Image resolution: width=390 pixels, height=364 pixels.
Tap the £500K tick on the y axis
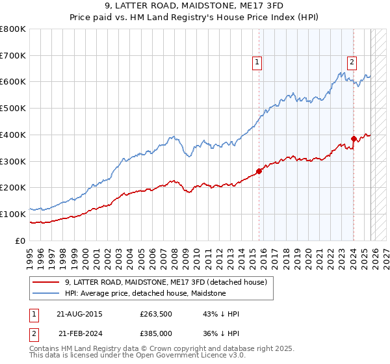pyautogui.click(x=13, y=109)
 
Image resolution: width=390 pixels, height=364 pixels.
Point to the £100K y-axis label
pyautogui.click(x=13, y=214)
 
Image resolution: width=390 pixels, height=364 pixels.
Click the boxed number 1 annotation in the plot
pyautogui.click(x=257, y=62)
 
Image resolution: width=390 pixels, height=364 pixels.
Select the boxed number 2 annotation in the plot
pyautogui.click(x=352, y=62)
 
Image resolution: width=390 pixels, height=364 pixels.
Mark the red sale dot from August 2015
pyautogui.click(x=259, y=171)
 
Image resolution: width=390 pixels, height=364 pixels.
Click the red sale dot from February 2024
pyautogui.click(x=354, y=138)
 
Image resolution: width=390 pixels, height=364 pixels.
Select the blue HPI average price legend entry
pyautogui.click(x=145, y=293)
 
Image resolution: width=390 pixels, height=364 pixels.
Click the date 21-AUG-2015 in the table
pyautogui.click(x=79, y=314)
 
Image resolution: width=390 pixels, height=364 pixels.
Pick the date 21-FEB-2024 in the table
pyautogui.click(x=79, y=333)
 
